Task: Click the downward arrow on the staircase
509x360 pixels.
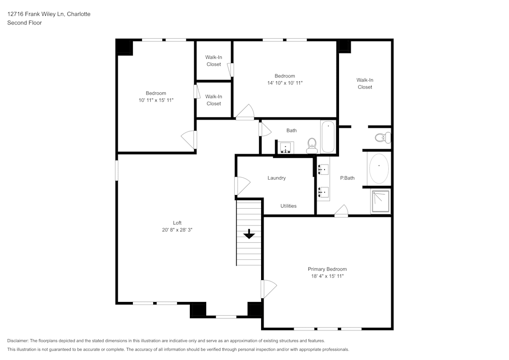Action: point(249,234)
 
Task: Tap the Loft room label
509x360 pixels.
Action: point(177,223)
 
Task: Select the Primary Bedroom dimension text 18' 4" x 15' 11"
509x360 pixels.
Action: point(327,276)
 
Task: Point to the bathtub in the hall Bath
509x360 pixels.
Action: point(328,136)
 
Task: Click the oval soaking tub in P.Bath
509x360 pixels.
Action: point(379,169)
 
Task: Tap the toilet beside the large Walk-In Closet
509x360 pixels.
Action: point(382,137)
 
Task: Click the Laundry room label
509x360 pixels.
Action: point(276,178)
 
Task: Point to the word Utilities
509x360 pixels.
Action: point(288,206)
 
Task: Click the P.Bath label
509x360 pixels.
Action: point(347,178)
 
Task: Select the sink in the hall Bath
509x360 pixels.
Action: point(286,148)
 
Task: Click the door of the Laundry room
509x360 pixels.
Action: point(241,185)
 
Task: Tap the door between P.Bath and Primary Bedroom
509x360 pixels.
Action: point(342,211)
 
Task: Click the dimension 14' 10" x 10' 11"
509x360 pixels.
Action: point(285,82)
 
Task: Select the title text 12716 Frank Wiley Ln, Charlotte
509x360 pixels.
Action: point(49,14)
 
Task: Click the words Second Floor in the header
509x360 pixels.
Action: point(24,23)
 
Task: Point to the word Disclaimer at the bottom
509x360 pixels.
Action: point(18,341)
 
